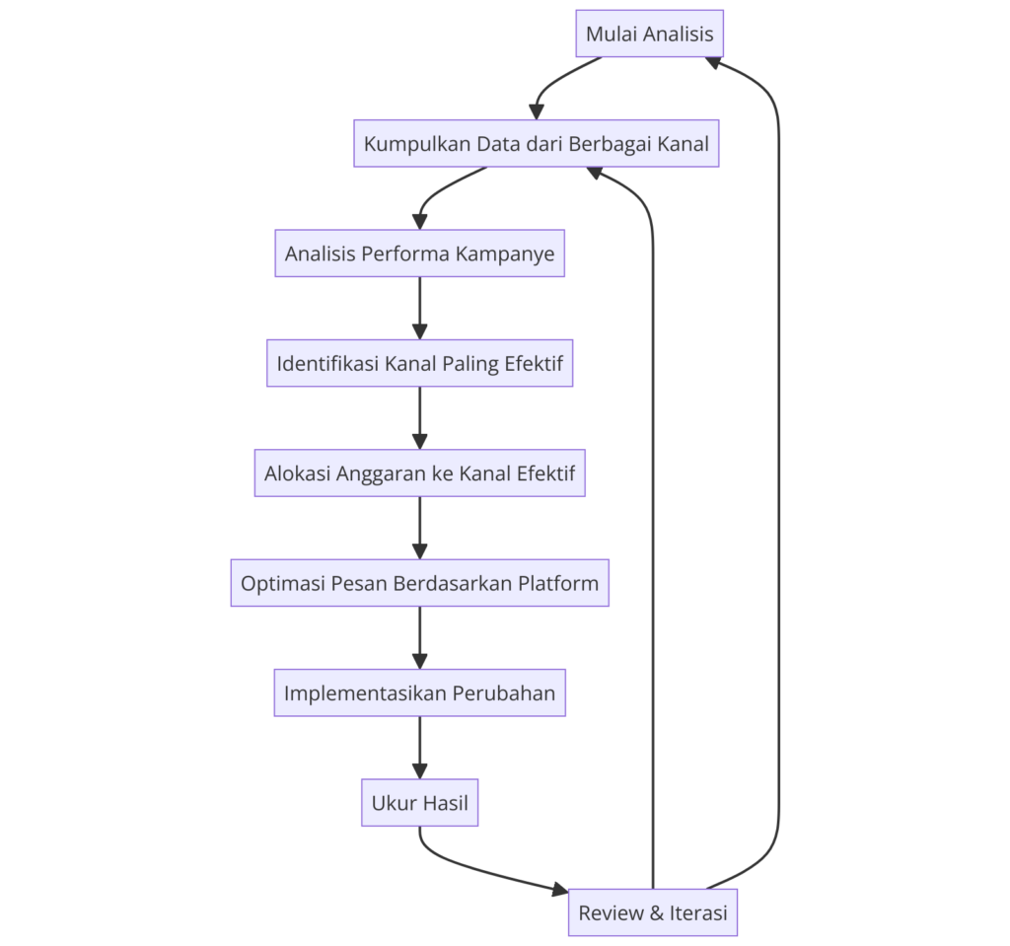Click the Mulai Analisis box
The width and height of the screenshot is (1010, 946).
[x=650, y=35]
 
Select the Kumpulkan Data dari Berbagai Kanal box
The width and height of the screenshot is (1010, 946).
[x=536, y=144]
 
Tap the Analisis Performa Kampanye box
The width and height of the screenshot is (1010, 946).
[x=419, y=254]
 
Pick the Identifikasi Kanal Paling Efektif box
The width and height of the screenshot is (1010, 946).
[x=419, y=364]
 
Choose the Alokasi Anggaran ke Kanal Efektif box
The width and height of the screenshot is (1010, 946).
[x=419, y=473]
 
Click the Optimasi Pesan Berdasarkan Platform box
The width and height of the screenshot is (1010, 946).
[x=419, y=583]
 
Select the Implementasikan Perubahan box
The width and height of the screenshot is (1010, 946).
[x=419, y=692]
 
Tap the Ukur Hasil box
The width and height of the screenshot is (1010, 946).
[x=419, y=803]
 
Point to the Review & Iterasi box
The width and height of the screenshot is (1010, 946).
[x=652, y=912]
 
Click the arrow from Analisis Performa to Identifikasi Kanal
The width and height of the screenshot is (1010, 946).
[x=419, y=309]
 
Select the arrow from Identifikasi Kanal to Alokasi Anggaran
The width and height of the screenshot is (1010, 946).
[x=419, y=418]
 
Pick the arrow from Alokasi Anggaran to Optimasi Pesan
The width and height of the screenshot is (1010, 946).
[x=419, y=528]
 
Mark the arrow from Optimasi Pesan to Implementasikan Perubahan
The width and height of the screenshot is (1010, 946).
[x=419, y=638]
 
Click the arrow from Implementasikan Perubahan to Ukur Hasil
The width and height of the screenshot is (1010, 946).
[x=419, y=748]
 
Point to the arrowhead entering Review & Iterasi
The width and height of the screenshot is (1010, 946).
[x=560, y=889]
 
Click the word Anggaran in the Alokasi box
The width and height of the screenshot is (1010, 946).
[x=381, y=473]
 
